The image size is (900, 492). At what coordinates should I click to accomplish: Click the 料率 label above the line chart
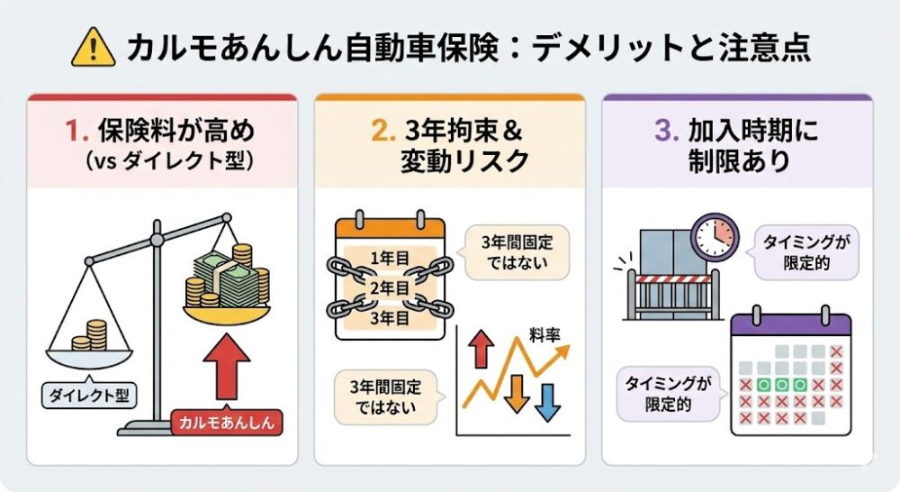coord(543,335)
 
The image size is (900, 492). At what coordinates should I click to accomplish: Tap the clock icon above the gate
coord(716,236)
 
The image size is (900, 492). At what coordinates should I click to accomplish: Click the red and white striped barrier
coord(668,279)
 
